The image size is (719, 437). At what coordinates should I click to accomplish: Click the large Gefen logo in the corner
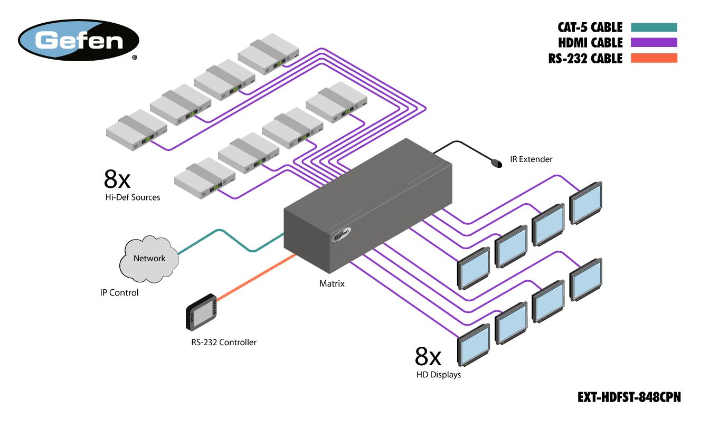point(79,40)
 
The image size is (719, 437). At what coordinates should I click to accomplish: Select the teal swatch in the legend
point(654,27)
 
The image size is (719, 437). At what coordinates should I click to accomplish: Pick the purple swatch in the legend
point(654,42)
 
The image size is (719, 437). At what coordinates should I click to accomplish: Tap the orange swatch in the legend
point(654,58)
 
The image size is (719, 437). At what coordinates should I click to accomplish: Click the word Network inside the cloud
point(149,259)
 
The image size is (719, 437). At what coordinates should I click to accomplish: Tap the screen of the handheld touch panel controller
point(202,315)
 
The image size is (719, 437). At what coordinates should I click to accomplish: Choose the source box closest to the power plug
point(336,102)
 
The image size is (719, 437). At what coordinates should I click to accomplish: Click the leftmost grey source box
point(136,130)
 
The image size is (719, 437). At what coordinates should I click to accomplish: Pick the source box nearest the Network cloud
point(204,178)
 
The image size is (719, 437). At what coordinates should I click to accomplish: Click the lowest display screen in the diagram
point(474,345)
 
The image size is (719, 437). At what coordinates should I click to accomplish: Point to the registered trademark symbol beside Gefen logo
point(135,58)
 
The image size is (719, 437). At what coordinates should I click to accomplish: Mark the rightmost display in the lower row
point(586,280)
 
